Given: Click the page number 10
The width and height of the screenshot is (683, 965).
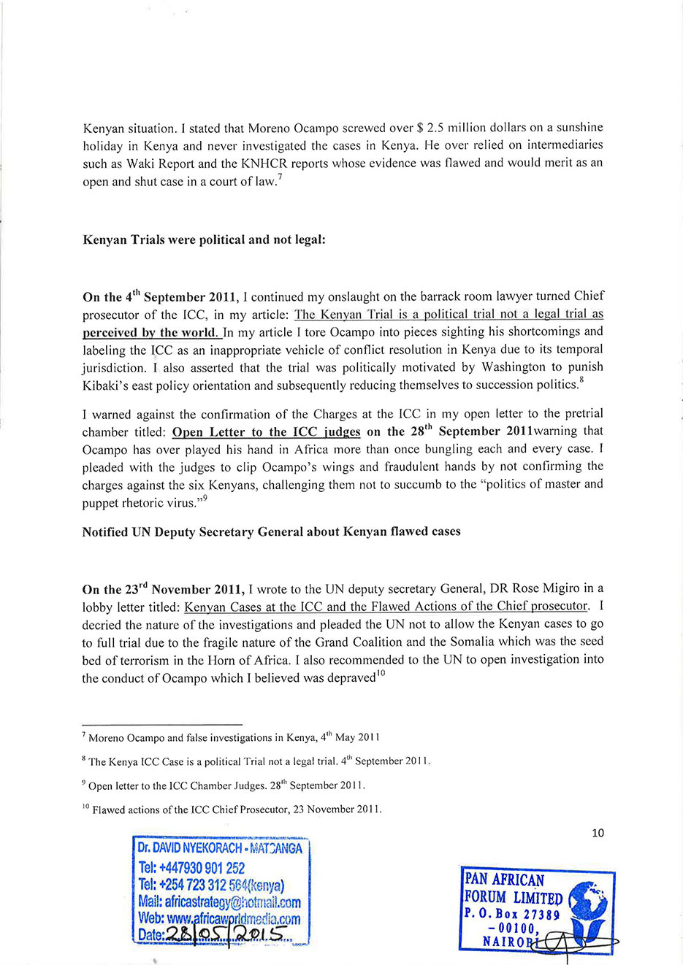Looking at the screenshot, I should tap(598, 833).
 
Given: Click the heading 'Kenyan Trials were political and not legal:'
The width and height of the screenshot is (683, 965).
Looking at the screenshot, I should tap(204, 239).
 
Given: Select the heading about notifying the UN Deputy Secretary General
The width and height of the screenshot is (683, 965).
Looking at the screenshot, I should tap(271, 531).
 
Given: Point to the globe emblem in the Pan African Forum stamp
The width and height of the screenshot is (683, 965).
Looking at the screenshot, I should tap(588, 902).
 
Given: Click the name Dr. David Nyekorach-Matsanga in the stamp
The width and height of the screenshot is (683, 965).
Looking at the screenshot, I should tap(219, 848).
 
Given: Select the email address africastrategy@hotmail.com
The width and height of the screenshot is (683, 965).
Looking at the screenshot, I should tap(219, 902).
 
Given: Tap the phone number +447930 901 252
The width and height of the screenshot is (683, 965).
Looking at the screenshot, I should tap(191, 868).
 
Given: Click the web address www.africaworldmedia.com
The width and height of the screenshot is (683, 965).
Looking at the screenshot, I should tap(219, 919).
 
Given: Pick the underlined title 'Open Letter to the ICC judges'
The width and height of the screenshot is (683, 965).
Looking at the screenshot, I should tap(266, 432).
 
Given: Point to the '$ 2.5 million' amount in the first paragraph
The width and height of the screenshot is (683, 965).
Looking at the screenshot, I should tap(445, 127).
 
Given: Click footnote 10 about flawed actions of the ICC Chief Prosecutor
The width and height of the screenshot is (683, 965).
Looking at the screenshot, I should tap(232, 809).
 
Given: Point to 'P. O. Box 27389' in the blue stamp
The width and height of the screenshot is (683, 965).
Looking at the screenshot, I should tap(511, 915).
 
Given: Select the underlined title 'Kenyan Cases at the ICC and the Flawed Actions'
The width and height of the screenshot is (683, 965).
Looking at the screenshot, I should tap(386, 607).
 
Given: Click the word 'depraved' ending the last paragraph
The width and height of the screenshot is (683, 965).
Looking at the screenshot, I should tap(350, 678).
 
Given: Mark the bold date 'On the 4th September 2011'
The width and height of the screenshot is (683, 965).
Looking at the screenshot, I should tap(160, 297).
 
